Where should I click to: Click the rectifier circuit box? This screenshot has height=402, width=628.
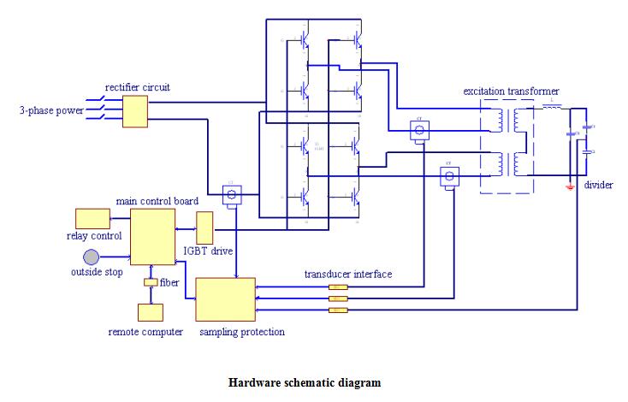136,112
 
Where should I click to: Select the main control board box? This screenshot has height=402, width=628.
152,235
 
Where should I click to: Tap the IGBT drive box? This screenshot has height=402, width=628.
204,227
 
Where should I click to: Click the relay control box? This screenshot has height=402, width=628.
92,218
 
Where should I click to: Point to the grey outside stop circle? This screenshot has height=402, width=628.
92,257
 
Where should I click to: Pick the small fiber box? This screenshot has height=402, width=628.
150,281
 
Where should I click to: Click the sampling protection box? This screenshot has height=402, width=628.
226,299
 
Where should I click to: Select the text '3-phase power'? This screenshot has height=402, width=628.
52,111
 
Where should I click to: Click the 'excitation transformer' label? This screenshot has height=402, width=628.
512,91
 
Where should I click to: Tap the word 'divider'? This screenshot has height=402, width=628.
598,185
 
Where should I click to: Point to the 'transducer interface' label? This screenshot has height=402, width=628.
348,275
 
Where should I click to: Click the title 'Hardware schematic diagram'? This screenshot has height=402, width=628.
304,382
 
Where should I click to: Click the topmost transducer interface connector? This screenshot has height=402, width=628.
339,287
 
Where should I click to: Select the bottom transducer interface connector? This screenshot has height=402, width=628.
339,310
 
